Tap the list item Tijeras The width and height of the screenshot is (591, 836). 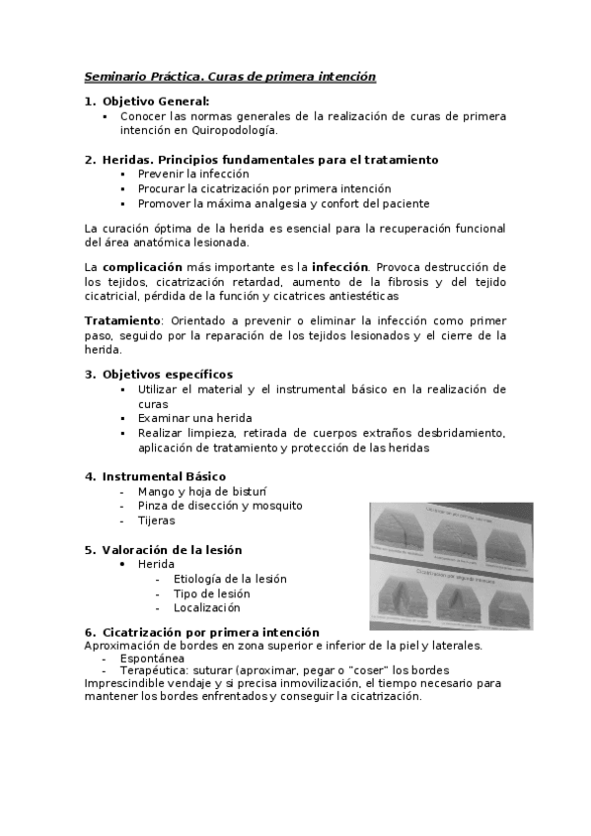pyautogui.click(x=156, y=521)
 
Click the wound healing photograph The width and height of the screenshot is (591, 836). pyautogui.click(x=450, y=565)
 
